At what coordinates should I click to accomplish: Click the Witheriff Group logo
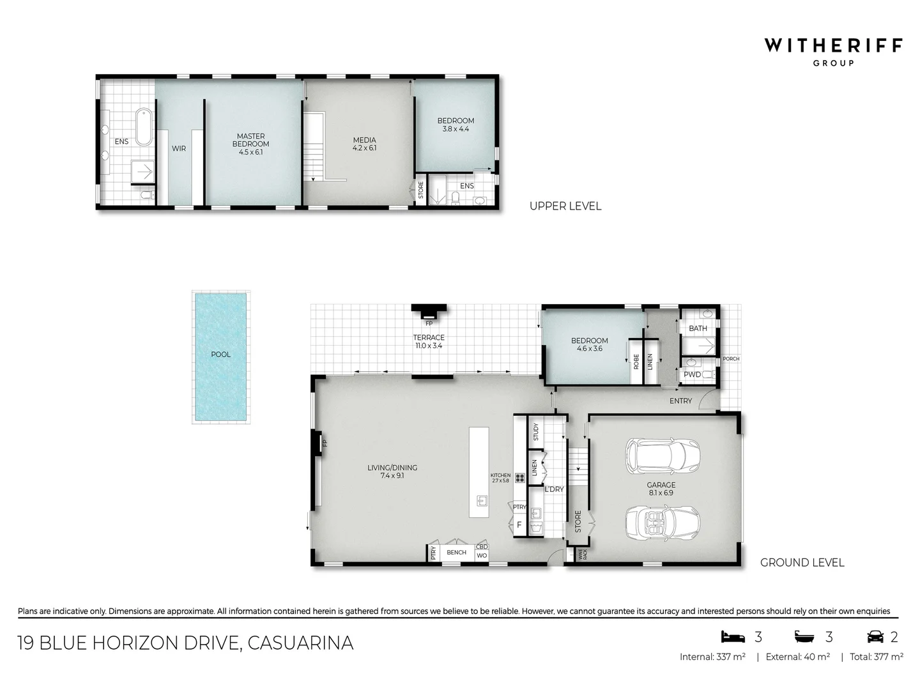click(833, 50)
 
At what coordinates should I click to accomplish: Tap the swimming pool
click(220, 356)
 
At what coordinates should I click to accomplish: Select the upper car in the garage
click(662, 456)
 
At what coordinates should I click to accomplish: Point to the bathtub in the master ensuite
click(142, 127)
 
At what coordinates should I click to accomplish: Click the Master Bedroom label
click(250, 144)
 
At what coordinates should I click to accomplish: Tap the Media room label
click(364, 144)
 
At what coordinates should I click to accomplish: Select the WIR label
click(179, 148)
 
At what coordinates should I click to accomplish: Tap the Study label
click(535, 432)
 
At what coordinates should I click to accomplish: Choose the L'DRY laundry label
click(554, 489)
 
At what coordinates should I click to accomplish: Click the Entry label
click(680, 401)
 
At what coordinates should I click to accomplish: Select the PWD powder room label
click(692, 374)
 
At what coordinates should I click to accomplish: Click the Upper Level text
click(565, 206)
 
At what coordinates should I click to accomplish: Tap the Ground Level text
click(802, 563)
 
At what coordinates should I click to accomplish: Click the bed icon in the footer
click(733, 636)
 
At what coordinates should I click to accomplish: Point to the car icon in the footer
click(875, 636)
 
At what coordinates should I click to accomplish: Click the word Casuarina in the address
click(300, 643)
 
